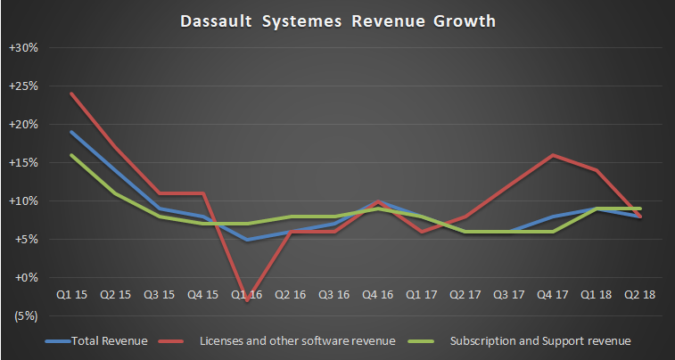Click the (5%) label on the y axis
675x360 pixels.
[x=23, y=315]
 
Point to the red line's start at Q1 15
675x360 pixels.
[x=70, y=94]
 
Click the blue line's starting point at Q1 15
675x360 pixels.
[x=70, y=132]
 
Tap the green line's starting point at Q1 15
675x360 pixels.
[x=70, y=155]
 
